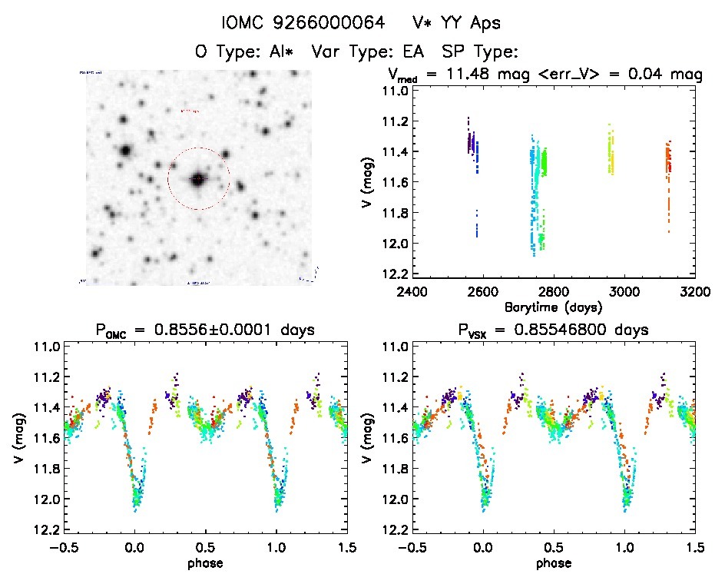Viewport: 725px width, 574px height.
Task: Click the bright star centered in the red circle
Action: pyautogui.click(x=198, y=179)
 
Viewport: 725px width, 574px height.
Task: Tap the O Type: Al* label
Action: pyautogui.click(x=250, y=52)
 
